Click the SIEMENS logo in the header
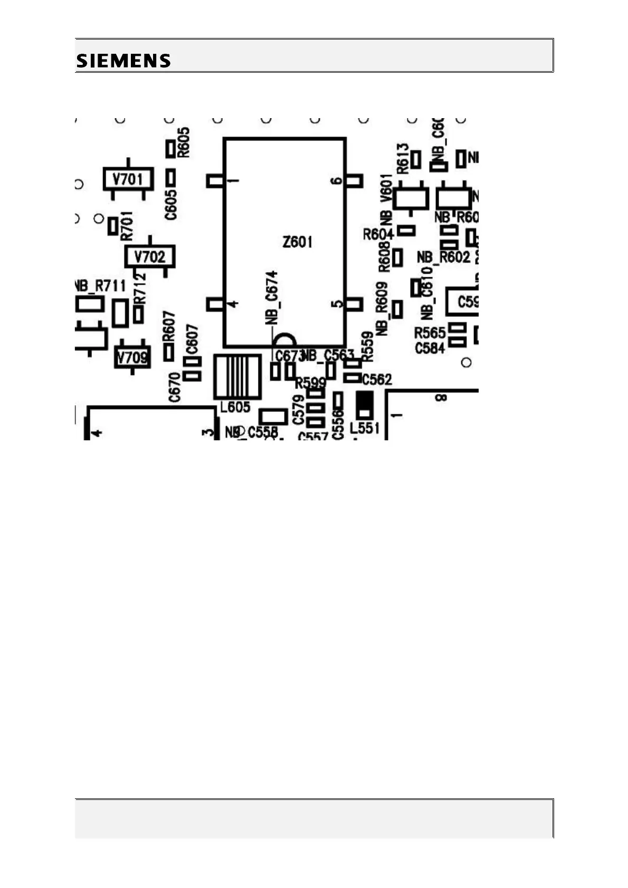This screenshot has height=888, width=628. click(123, 61)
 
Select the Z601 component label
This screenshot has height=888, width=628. click(297, 242)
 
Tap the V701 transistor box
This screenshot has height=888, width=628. click(128, 179)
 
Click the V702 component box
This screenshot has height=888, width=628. click(149, 257)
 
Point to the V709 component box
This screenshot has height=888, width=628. click(132, 358)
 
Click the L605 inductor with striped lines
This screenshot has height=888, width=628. click(237, 377)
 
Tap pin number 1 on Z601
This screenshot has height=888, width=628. click(232, 181)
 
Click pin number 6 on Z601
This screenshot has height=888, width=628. click(336, 181)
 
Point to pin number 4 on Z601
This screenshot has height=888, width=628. click(232, 304)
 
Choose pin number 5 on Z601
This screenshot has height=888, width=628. click(336, 304)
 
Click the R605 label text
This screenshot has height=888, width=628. click(184, 142)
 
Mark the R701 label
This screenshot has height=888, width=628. click(127, 226)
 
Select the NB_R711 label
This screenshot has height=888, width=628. click(100, 286)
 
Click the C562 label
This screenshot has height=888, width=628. click(377, 379)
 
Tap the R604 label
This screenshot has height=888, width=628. click(378, 234)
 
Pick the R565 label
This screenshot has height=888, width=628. click(430, 333)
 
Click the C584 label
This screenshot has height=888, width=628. click(430, 348)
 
